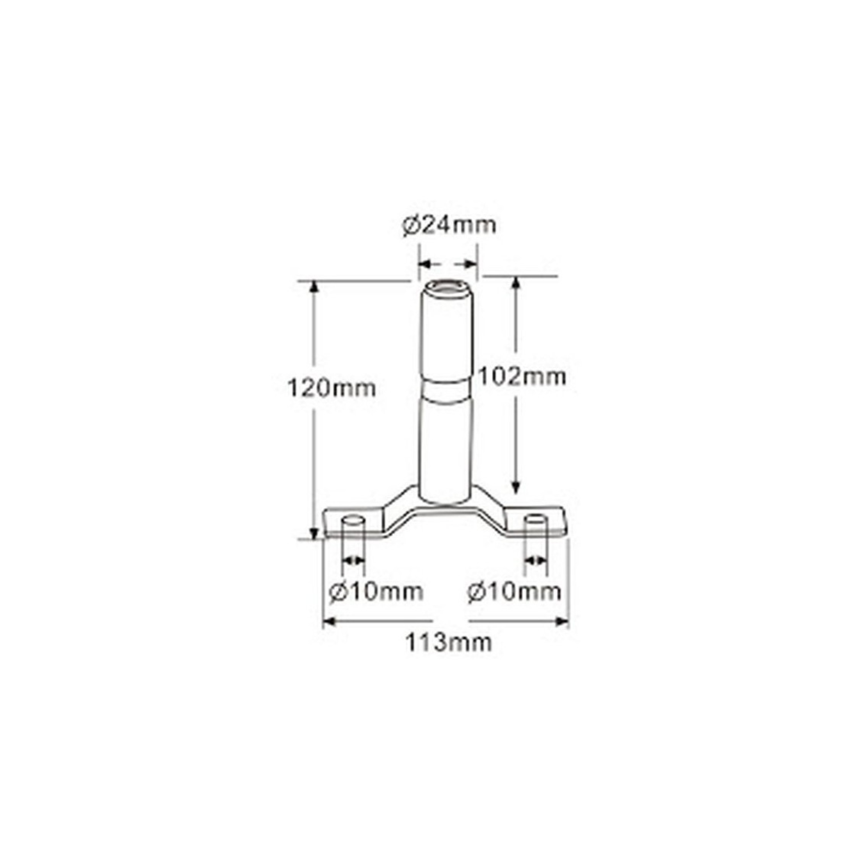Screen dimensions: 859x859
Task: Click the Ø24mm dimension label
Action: pos(449,225)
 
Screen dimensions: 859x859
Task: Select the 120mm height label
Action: pos(331,388)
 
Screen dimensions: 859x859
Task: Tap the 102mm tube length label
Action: pos(522,377)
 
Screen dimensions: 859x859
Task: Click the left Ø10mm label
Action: pos(376,592)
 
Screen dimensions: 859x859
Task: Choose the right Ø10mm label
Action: pos(514,592)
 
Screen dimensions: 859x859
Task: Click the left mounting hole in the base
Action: pos(353,520)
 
